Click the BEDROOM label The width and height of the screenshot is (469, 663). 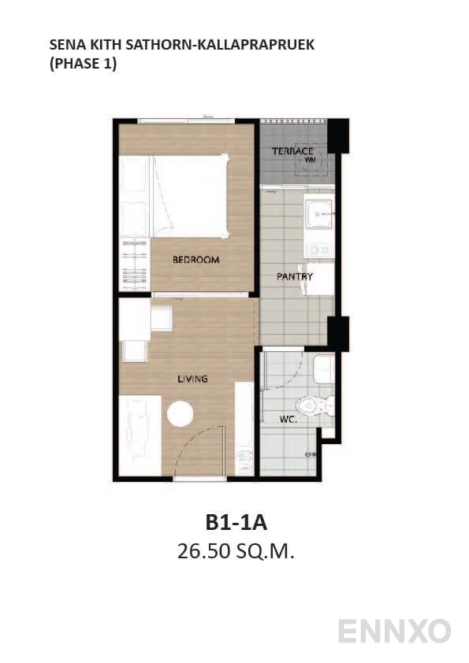point(195,260)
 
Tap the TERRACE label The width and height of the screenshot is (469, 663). point(292,150)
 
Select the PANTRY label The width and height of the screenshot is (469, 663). point(295,276)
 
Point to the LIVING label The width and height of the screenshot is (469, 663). point(192,379)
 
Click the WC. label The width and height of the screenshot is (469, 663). point(287,420)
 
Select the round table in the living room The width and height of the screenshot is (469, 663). point(181,414)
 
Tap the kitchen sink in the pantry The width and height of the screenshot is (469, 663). point(319,213)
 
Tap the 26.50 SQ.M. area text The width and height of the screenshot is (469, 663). point(236,552)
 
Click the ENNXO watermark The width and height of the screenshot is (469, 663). point(394,631)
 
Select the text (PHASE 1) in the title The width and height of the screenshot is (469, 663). point(83,65)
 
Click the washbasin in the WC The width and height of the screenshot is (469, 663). point(323,368)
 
